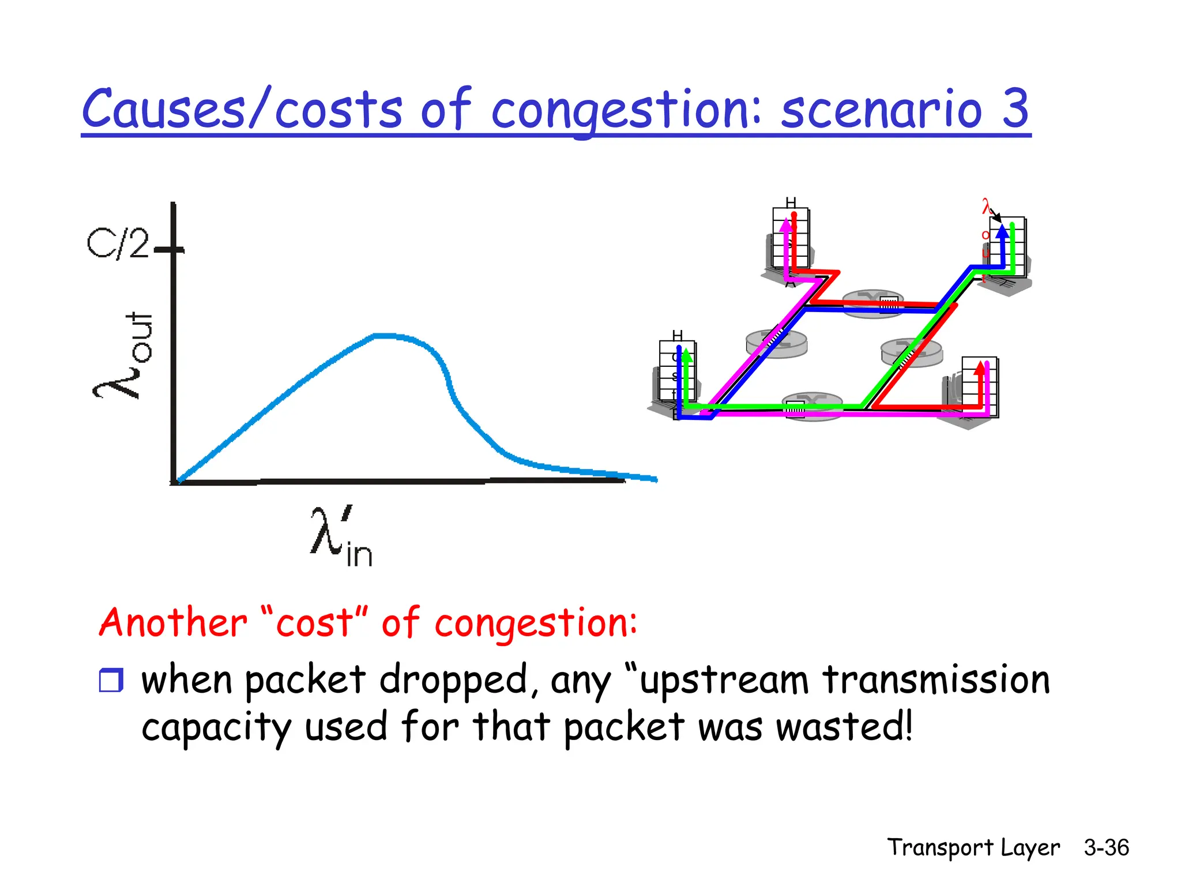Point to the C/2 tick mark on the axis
point(170,250)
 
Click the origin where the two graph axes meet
point(174,481)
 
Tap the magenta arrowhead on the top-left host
point(785,226)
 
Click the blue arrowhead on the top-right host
point(1002,231)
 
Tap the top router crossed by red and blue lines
point(873,303)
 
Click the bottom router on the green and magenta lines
point(812,406)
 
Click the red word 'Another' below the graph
point(173,623)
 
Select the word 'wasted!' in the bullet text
point(844,727)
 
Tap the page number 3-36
point(1105,847)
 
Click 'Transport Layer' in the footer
point(973,847)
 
